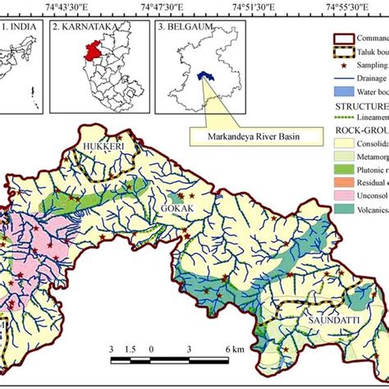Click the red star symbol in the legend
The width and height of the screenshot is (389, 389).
(x=339, y=64)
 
